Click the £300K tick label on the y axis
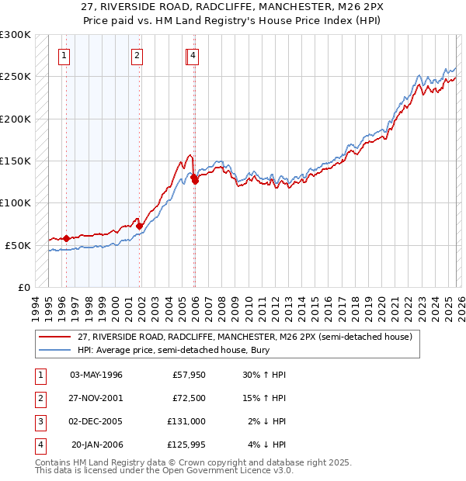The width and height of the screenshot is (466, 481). click(x=16, y=35)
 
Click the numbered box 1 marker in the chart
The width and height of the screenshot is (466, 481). click(x=63, y=55)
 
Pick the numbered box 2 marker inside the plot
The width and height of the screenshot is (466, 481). click(x=137, y=55)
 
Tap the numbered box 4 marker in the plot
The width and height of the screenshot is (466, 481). click(x=193, y=55)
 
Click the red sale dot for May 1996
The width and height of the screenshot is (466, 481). click(x=66, y=238)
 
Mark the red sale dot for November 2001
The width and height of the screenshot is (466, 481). click(x=141, y=226)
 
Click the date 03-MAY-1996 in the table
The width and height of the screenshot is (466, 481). click(x=96, y=375)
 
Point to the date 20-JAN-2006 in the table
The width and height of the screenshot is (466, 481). click(x=96, y=445)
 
